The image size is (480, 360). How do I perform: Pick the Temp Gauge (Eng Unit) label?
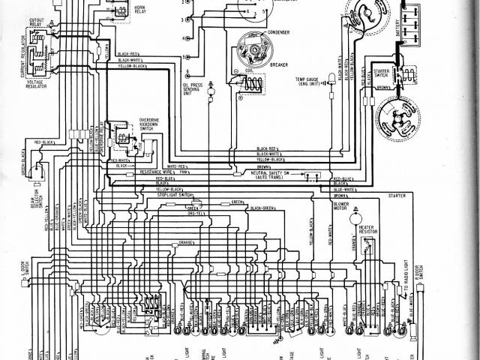coord(310,80)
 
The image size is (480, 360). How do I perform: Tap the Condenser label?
coord(278,32)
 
